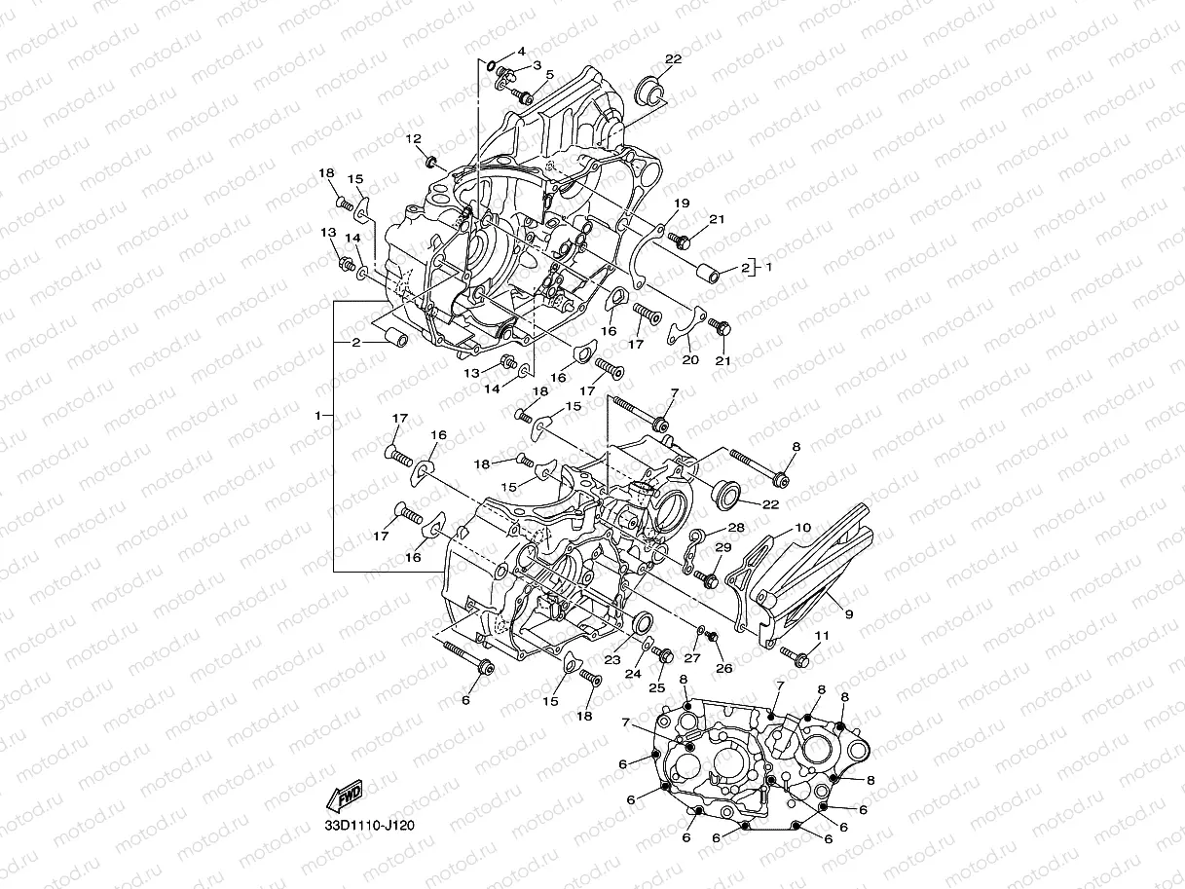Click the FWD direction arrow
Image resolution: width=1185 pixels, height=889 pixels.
[x=346, y=797]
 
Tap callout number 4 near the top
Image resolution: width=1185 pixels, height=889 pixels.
[x=521, y=51]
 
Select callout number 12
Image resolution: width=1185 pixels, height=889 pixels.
[x=413, y=138]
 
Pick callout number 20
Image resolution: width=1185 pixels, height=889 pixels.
[x=690, y=359]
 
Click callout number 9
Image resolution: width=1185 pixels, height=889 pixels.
[x=849, y=614]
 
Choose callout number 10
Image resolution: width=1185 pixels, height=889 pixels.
[x=802, y=528]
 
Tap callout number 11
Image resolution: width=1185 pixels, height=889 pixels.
[x=821, y=636]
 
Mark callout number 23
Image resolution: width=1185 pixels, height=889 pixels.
[x=612, y=659]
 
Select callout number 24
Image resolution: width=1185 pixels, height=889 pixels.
[x=633, y=673]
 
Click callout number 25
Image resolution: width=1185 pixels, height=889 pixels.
[x=657, y=687]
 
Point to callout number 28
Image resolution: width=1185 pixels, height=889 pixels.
[x=736, y=527]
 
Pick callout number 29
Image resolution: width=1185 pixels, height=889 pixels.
[x=722, y=547]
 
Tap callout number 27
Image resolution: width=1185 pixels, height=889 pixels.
[x=696, y=658]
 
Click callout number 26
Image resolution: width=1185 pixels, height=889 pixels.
[x=723, y=668]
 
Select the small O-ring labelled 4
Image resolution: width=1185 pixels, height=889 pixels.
[x=495, y=67]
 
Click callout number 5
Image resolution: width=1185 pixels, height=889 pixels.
[x=549, y=74]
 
